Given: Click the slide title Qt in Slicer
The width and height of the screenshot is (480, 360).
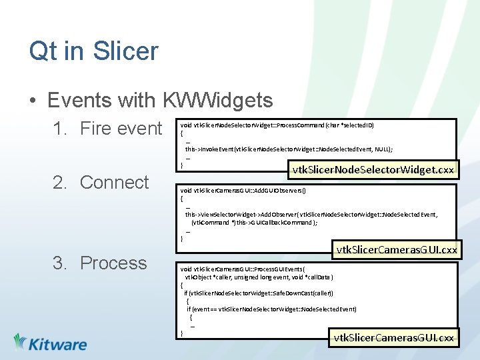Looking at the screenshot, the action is coord(93,51).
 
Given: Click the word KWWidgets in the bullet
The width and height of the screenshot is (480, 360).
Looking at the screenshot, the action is coord(217,100).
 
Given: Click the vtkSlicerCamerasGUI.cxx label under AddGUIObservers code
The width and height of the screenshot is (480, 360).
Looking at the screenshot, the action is coord(397,250).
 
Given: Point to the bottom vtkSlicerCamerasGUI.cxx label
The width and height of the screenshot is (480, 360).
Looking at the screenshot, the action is coord(394,338).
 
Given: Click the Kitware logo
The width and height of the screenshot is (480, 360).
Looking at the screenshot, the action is coord(50,343).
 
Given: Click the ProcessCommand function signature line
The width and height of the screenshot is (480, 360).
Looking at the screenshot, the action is coord(277,125).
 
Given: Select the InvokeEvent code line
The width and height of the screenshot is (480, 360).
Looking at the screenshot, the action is coord(289,149).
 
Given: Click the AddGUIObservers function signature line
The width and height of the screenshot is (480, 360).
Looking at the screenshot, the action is coord(244,190).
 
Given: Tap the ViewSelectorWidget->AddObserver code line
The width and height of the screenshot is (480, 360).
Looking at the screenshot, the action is coord(311,214).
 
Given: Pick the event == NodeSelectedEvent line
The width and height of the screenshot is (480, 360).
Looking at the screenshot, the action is coord(271,309).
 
